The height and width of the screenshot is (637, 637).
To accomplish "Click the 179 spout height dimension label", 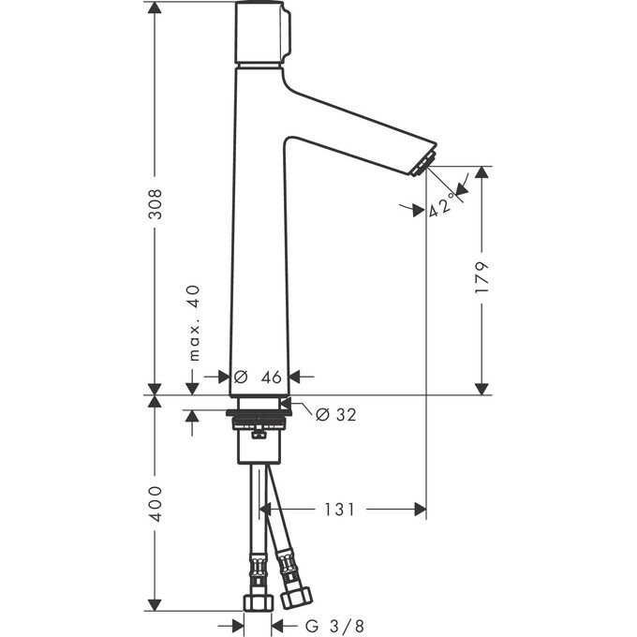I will pos(482,278).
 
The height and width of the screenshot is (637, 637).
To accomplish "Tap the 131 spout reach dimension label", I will pos(340,510).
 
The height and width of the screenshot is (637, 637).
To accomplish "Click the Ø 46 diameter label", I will pos(258,377).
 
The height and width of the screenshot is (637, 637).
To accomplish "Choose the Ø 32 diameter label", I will pos(335,414).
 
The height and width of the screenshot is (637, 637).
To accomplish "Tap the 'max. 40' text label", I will pos(194,324).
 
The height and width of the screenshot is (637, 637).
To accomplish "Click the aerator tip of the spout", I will pos(422,163).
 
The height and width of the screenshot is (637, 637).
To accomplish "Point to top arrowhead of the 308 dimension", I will pos(156,8).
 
